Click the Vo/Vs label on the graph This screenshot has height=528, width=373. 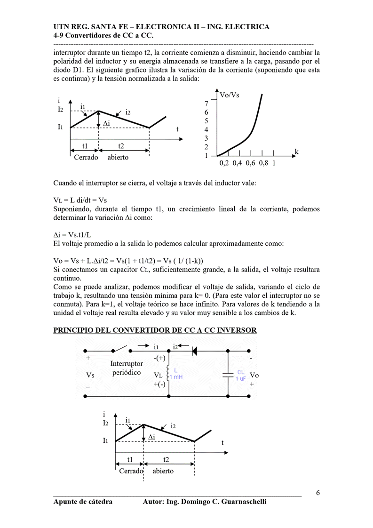tap(230, 95)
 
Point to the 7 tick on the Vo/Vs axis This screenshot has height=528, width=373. tap(206, 104)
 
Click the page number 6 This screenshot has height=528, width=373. tap(318, 493)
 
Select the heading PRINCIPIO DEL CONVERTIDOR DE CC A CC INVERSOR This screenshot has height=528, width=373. tap(155, 330)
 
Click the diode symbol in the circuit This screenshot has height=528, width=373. tap(194, 350)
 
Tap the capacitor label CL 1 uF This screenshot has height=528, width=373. tap(240, 375)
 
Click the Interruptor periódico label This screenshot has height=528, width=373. tap(127, 368)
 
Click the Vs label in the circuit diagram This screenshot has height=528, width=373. tap(90, 375)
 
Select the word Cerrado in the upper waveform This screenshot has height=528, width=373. tap(86, 157)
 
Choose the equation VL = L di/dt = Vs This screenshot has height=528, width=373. tap(80, 200)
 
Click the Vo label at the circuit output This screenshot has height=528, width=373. tap(254, 375)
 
